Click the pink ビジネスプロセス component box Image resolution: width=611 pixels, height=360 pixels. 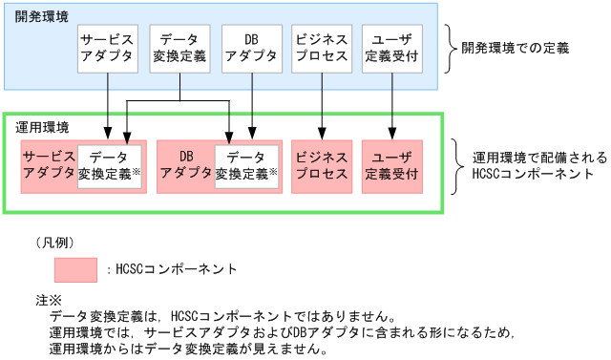point(322,166)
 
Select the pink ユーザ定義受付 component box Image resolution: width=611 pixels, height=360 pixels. point(392,166)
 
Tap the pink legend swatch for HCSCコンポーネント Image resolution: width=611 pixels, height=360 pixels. point(75,268)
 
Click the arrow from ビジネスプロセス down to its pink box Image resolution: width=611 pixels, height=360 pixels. point(322,105)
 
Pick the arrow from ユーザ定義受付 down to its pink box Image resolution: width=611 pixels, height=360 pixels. point(392,105)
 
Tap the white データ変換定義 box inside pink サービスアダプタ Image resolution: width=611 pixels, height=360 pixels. point(110,166)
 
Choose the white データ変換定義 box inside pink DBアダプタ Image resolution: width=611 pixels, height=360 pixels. point(246,166)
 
